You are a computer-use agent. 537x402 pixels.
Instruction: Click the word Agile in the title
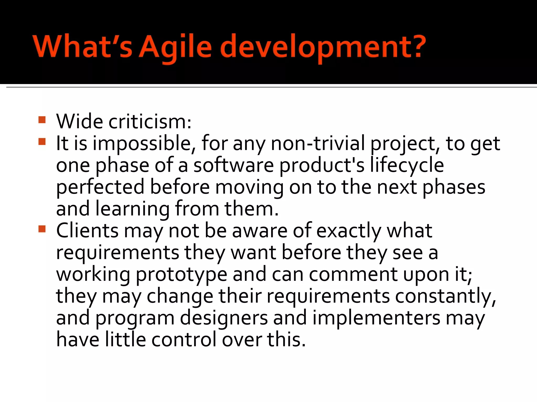(x=175, y=47)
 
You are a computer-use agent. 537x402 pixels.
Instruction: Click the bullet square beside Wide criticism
(x=42, y=120)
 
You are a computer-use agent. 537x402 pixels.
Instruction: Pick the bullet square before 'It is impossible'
(x=42, y=142)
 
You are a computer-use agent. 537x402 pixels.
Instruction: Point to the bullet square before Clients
(x=42, y=229)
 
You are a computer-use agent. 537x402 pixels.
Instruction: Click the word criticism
(x=150, y=122)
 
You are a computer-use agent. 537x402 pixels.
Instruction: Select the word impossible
(x=142, y=144)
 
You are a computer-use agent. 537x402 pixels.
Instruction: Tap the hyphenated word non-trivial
(x=318, y=144)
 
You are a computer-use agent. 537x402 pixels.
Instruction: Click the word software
(x=233, y=165)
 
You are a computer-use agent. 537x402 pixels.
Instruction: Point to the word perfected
(x=100, y=187)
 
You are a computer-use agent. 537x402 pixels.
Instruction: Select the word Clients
(x=87, y=231)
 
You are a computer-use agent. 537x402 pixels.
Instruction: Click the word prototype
(x=181, y=275)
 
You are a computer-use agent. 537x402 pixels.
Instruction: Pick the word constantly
(x=445, y=297)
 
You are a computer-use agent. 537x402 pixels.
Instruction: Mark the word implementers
(x=376, y=318)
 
